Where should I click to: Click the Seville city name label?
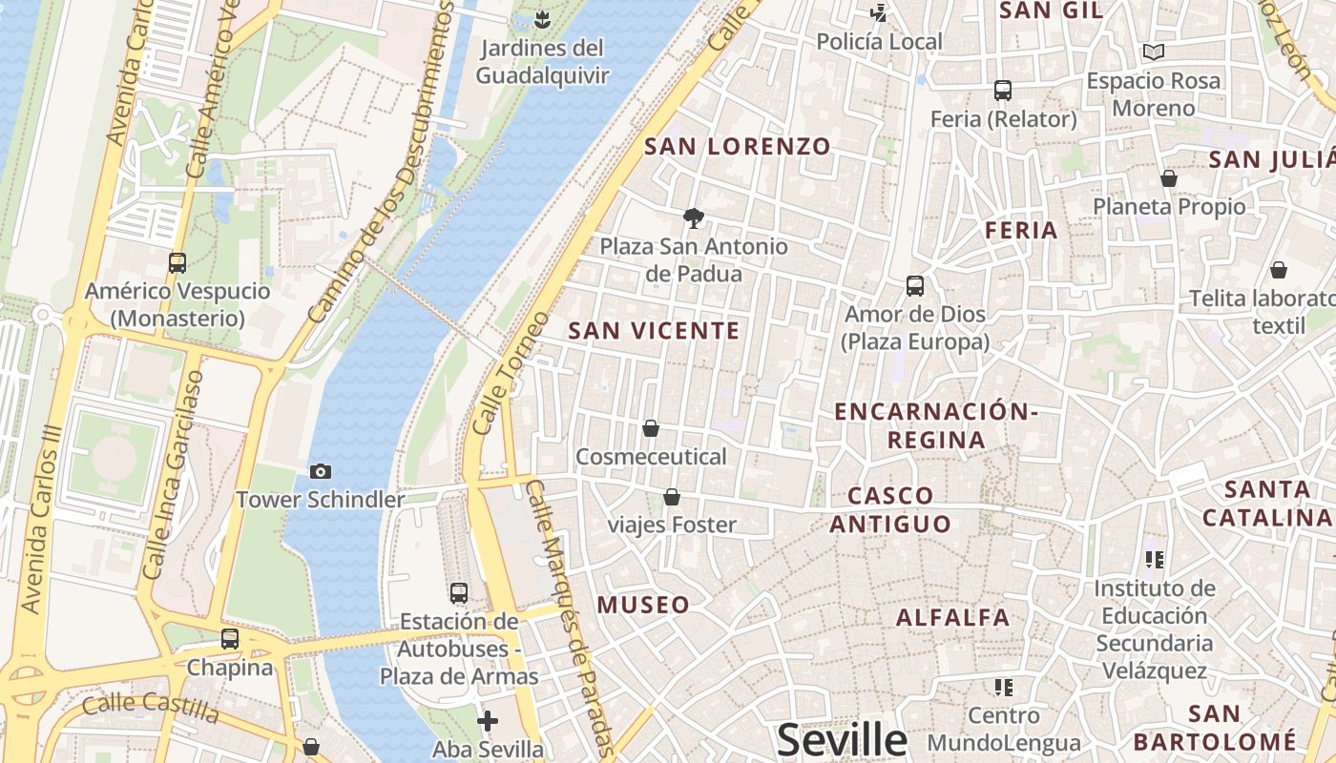(x=842, y=740)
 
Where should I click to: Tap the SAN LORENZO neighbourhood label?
(x=738, y=147)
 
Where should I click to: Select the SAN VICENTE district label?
(x=654, y=331)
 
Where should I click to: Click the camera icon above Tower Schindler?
(x=321, y=471)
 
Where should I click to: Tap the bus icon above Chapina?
(x=230, y=639)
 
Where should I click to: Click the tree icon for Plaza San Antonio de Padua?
(x=694, y=218)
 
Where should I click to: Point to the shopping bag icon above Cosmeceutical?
(x=651, y=428)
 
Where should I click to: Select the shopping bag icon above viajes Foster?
(x=672, y=497)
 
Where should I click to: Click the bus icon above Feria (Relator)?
(x=1002, y=91)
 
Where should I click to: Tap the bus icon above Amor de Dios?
(x=914, y=285)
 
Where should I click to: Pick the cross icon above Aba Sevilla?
(x=488, y=720)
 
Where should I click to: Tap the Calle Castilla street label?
(x=150, y=707)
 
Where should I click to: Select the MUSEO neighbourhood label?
(x=643, y=605)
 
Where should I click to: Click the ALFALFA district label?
(x=952, y=617)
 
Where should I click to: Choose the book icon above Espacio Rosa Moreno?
(x=1154, y=52)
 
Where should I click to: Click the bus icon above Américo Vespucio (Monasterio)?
(x=177, y=262)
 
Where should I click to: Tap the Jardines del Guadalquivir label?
(x=542, y=62)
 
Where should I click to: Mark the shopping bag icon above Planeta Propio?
(x=1169, y=178)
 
